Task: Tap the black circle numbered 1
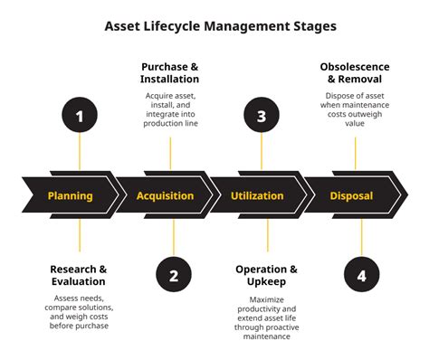[79, 116]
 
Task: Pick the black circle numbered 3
[262, 116]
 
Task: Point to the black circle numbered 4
[361, 276]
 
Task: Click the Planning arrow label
[70, 195]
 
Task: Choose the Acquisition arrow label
[165, 195]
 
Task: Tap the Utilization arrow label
[257, 195]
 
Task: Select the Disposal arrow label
[351, 195]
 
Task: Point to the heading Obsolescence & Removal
[355, 72]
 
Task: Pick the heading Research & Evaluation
[79, 275]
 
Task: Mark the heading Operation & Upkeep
[266, 275]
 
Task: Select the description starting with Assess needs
[79, 311]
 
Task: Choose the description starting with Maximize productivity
[266, 317]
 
